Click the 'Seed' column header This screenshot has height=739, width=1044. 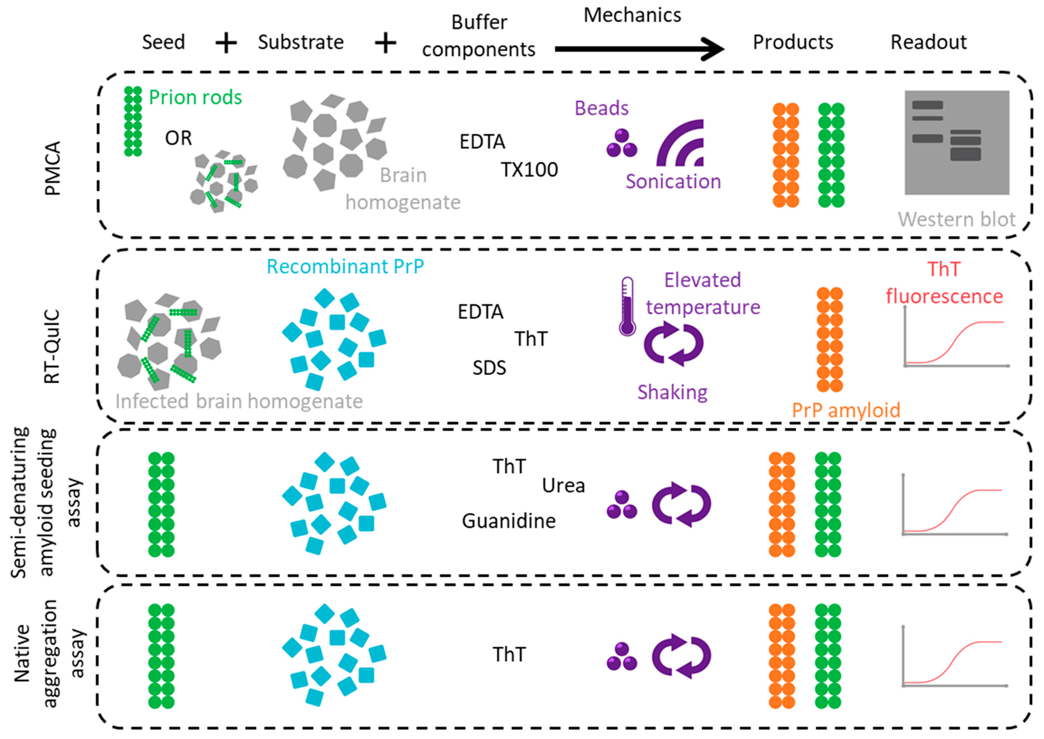163,42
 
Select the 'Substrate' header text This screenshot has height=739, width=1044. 301,42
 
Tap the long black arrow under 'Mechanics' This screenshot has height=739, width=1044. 639,49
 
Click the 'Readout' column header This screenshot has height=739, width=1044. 928,42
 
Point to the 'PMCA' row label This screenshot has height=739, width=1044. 53,168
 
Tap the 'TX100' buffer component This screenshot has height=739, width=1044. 529,170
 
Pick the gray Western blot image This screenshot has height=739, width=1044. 957,142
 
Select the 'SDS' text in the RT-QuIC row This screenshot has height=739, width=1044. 489,368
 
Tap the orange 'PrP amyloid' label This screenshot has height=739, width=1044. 846,410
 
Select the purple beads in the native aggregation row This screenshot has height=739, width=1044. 622,657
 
